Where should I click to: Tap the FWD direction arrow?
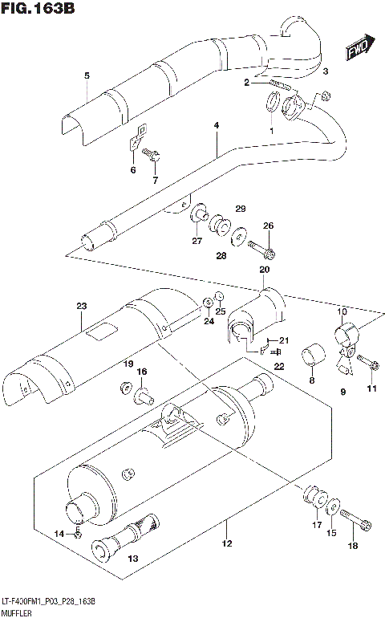[358, 51]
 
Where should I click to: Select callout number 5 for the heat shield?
[86, 76]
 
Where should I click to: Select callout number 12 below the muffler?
[227, 545]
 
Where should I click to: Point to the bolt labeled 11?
[367, 364]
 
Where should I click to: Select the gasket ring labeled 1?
[272, 104]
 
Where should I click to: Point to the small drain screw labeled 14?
[78, 531]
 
